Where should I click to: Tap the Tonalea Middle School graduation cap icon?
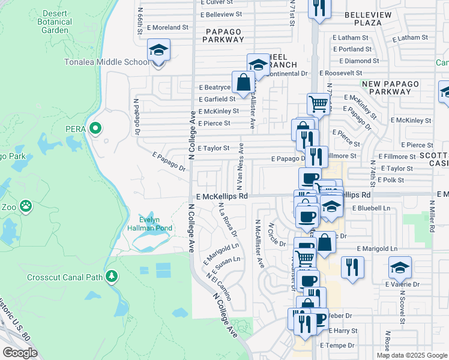(159, 50)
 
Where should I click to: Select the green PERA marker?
(94, 128)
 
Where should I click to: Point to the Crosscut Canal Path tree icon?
(111, 276)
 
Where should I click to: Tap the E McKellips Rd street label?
(221, 196)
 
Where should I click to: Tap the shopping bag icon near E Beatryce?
(244, 83)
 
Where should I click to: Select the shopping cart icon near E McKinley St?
(318, 104)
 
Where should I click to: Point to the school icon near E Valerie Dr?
(400, 268)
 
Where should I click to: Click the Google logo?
(20, 353)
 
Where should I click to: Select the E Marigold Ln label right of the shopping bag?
(377, 248)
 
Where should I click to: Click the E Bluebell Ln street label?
(371, 208)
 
